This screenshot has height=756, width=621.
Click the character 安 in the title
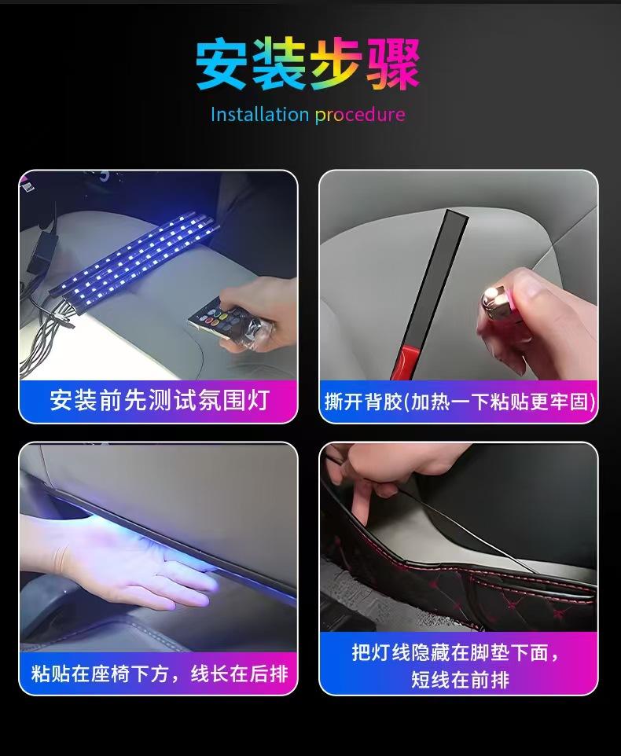(223, 64)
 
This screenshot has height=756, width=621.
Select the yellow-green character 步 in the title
(336, 64)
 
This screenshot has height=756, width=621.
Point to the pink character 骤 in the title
(392, 64)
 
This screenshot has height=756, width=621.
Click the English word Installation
(259, 115)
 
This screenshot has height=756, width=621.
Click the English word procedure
(360, 116)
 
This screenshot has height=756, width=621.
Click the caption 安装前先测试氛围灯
(159, 400)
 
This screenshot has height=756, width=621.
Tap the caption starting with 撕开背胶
(460, 401)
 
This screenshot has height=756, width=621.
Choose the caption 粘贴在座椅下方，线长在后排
(160, 673)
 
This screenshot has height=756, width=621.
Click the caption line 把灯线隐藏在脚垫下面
(455, 652)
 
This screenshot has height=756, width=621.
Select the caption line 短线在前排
(460, 680)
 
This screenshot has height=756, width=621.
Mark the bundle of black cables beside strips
(41, 332)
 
